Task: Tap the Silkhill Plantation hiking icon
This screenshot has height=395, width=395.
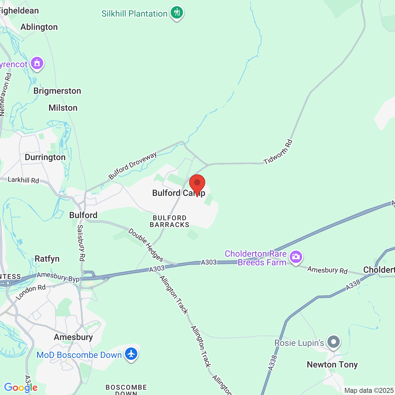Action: (177, 13)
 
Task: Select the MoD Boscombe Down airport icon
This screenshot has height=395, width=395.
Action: (131, 354)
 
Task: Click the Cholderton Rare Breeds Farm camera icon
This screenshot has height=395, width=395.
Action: (296, 257)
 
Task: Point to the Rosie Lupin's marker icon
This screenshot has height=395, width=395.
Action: (334, 342)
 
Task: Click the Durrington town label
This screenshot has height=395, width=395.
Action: (45, 157)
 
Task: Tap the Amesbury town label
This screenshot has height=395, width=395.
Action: (73, 337)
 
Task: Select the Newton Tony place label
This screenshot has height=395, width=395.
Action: (332, 365)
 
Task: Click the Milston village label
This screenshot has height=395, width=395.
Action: (63, 108)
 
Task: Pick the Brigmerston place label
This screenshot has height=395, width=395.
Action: (57, 91)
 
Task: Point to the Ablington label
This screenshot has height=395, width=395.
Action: (39, 27)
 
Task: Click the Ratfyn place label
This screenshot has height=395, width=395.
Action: (47, 259)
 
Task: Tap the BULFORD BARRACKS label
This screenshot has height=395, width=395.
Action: (169, 221)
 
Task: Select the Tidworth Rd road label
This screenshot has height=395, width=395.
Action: (278, 152)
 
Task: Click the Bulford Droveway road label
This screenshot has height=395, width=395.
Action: (133, 166)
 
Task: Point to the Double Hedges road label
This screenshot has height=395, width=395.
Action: (146, 245)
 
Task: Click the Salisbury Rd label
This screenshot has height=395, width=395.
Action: (81, 243)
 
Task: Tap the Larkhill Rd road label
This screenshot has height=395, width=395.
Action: (23, 180)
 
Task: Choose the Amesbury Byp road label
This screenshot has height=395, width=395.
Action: (58, 277)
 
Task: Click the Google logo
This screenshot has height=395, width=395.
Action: (21, 388)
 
